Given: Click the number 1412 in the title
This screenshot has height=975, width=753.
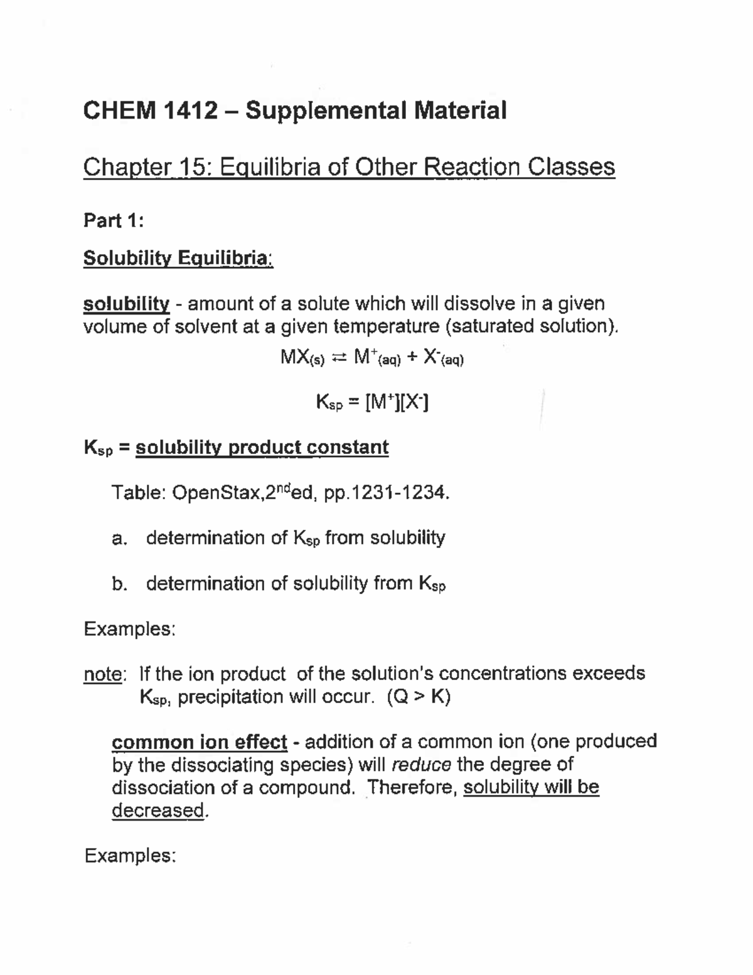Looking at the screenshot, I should [x=191, y=111].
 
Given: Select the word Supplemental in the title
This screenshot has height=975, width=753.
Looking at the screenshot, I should [x=324, y=111].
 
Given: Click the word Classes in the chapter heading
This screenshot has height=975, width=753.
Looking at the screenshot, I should [x=571, y=167].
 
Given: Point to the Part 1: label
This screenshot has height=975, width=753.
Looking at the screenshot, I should [x=114, y=221].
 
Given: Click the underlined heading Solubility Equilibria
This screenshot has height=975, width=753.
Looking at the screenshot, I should [x=178, y=258].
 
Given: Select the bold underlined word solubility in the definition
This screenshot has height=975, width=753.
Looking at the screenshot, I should [x=126, y=304].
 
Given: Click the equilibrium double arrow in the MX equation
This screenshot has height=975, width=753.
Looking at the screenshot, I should [x=338, y=358].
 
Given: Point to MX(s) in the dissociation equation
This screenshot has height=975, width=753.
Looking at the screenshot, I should [x=302, y=358].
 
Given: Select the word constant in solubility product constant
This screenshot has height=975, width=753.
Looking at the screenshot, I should [x=356, y=448].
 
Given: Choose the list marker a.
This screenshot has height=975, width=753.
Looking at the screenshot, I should [x=119, y=539].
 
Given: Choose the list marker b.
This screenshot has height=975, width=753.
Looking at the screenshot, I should [x=119, y=584].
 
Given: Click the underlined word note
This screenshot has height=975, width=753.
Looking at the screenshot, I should [x=103, y=674].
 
